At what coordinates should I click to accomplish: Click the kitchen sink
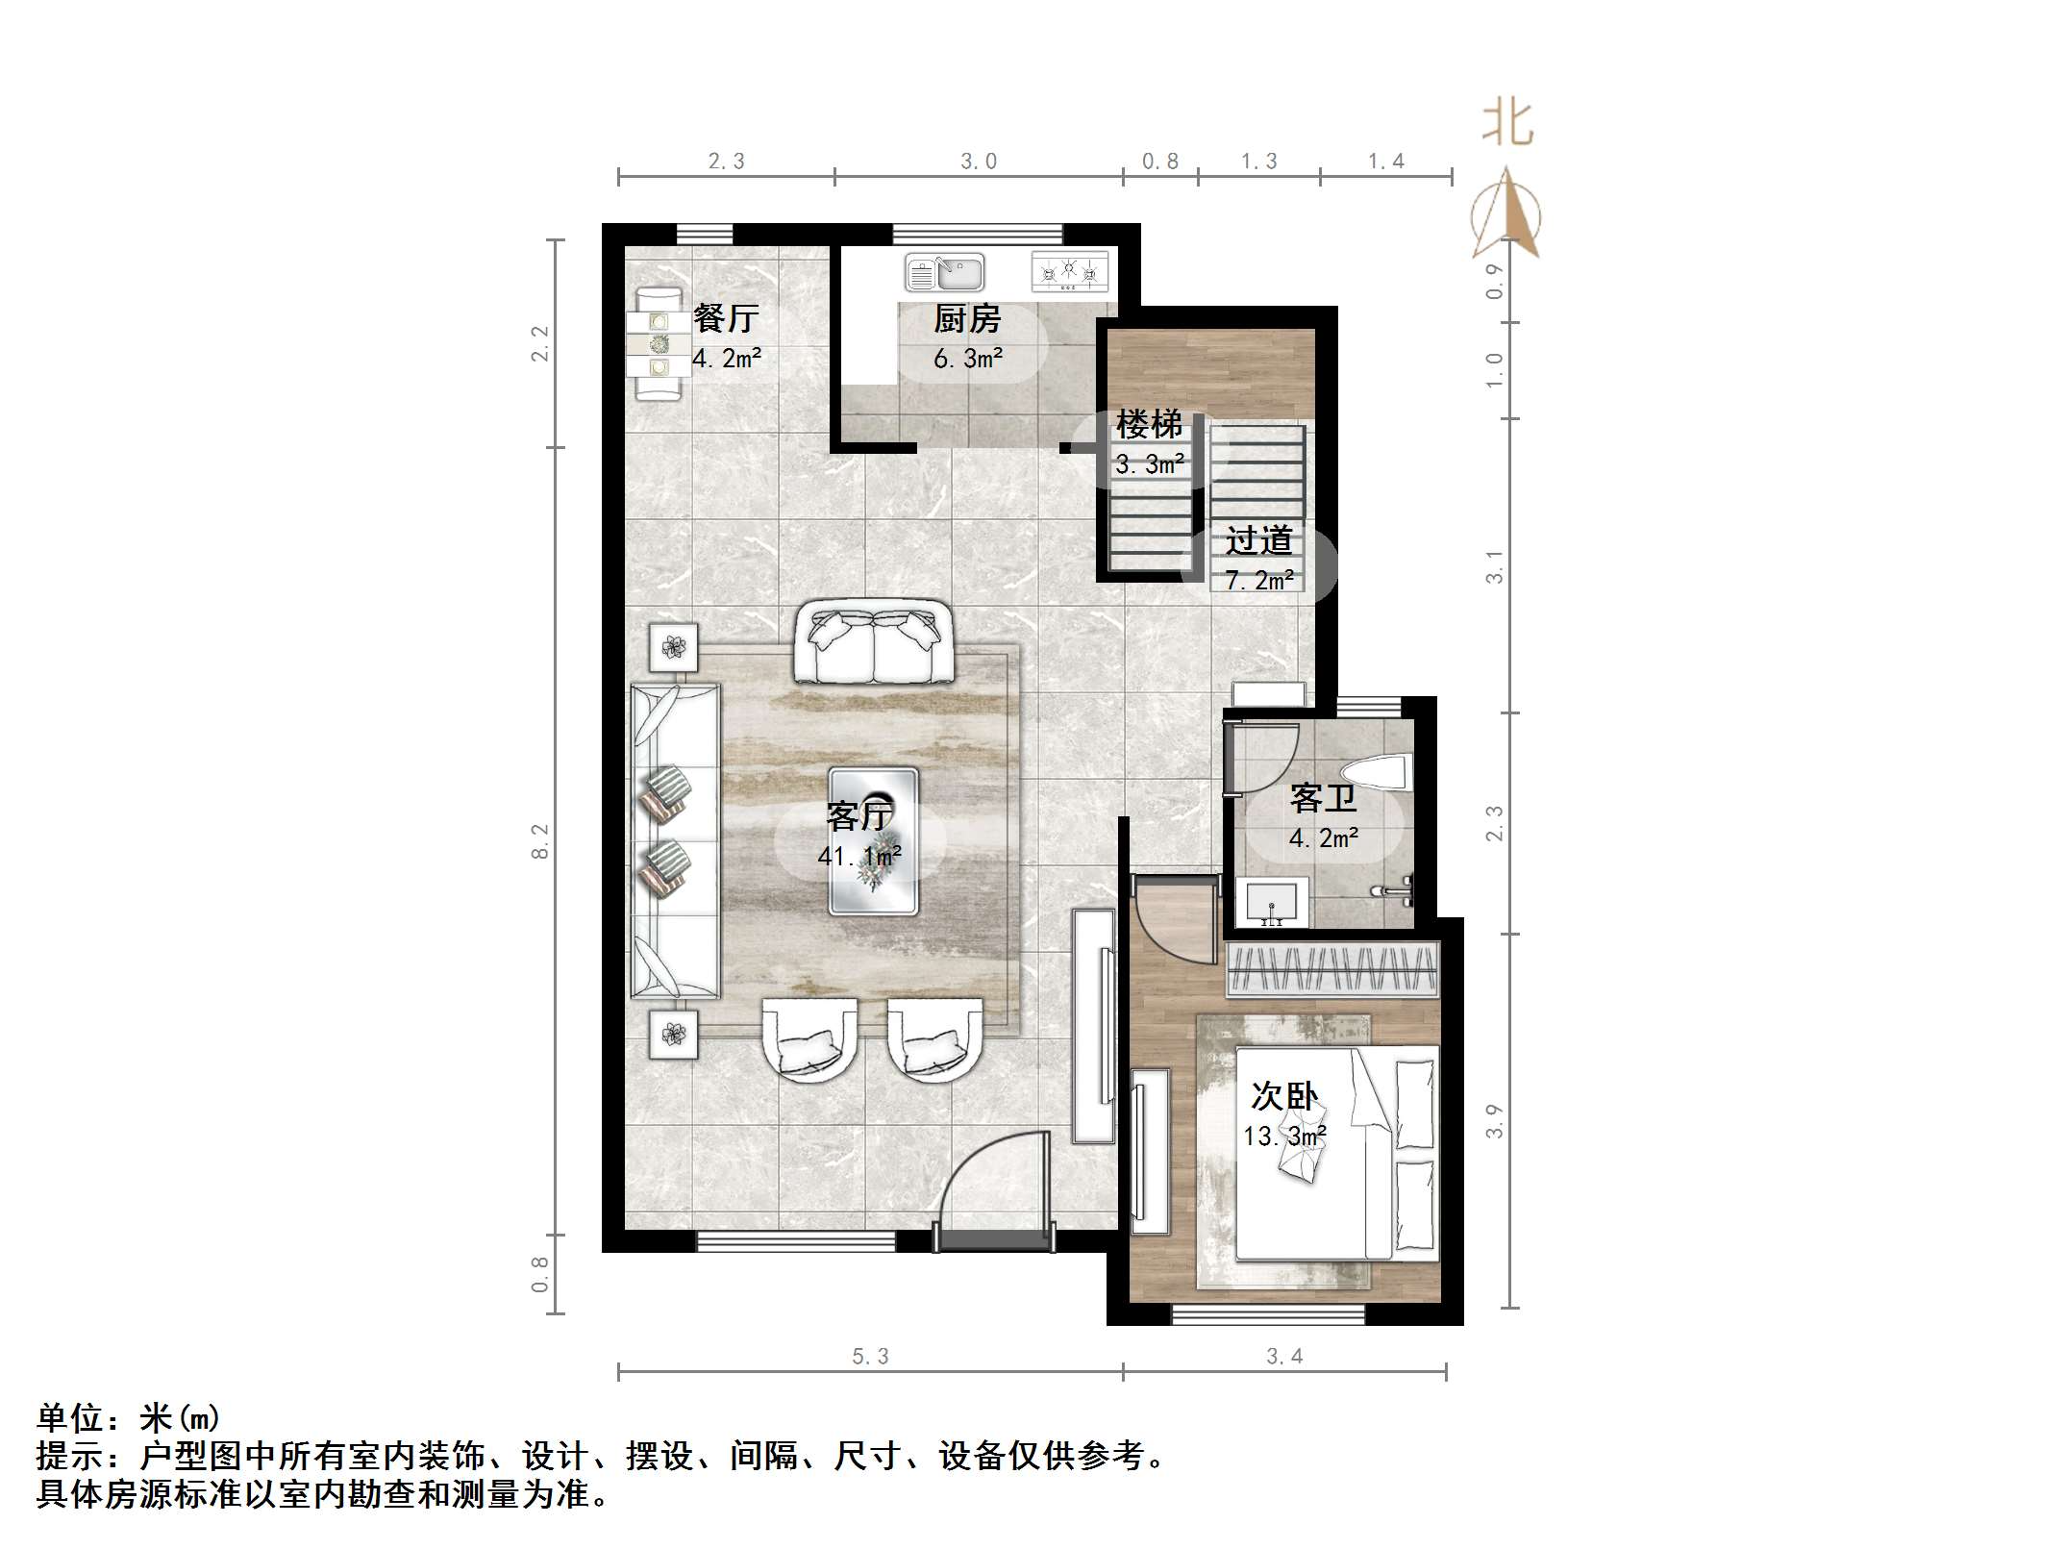tap(944, 272)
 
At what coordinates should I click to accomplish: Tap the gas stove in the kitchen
tap(1069, 271)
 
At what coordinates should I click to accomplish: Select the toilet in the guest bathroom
tap(1377, 776)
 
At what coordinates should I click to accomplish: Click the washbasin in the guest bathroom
tap(1272, 902)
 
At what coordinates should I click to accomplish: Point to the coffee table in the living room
tap(873, 840)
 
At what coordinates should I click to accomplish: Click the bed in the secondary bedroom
tap(1337, 1153)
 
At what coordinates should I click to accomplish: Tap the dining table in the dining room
tap(659, 343)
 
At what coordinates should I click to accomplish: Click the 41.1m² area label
tap(859, 855)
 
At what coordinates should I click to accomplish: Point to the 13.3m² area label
tap(1284, 1137)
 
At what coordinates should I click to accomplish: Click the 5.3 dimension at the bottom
tap(870, 1356)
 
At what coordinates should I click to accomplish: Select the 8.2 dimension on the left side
tap(540, 840)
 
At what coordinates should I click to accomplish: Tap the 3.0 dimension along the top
tap(979, 162)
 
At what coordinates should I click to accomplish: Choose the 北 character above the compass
tap(1506, 124)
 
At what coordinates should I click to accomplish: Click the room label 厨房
tap(967, 318)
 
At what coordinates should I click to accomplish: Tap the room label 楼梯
tap(1149, 424)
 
